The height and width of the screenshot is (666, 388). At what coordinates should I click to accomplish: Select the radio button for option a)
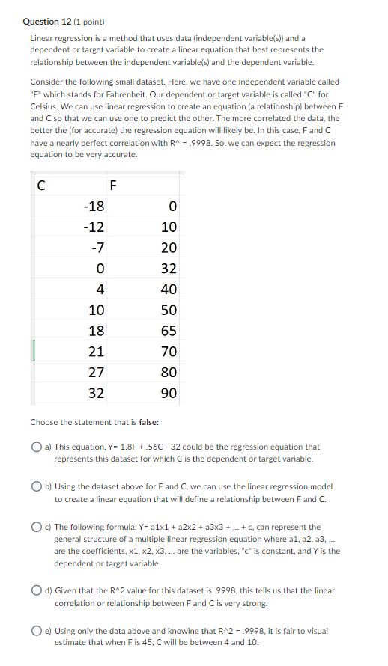[x=36, y=447]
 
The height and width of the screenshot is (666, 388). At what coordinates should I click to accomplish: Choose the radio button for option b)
[x=36, y=487]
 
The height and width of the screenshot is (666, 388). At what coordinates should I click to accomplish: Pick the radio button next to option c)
[x=36, y=528]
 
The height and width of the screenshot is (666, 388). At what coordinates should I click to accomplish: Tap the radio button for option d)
[x=36, y=591]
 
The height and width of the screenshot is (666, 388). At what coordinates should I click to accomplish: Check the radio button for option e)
[x=36, y=632]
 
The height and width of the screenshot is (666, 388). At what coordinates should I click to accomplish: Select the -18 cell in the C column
[x=94, y=207]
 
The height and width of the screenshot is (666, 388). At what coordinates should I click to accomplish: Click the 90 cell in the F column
[x=169, y=394]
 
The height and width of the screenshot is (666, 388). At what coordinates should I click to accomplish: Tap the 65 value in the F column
[x=169, y=331]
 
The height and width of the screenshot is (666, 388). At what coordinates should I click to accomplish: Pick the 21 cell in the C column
[x=97, y=352]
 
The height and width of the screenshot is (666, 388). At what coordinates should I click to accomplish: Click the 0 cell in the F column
[x=172, y=207]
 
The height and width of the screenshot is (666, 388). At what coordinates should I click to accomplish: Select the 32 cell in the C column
[x=97, y=394]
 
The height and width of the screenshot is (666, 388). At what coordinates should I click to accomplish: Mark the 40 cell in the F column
[x=169, y=290]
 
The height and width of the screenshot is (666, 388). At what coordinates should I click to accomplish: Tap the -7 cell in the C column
[x=97, y=248]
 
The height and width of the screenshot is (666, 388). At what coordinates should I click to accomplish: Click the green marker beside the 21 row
[x=31, y=351]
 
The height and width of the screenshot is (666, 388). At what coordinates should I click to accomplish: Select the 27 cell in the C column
[x=97, y=373]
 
